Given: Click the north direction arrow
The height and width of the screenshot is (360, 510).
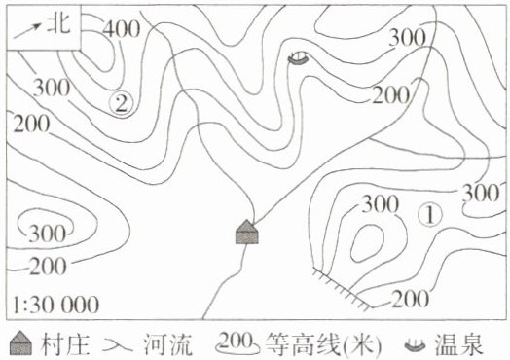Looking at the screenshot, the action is tap(27, 30).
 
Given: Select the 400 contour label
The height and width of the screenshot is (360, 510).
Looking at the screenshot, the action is tap(122, 29).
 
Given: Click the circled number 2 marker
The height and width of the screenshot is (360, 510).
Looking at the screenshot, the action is tap(122, 104).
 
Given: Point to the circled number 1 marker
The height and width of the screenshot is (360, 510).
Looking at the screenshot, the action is tap(430, 215).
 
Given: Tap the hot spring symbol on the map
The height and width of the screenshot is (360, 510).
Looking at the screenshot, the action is tap(298, 58).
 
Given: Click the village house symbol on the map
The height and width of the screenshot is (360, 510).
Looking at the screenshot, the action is tap(247, 232).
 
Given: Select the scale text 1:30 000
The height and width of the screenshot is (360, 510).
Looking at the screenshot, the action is tap(55, 305).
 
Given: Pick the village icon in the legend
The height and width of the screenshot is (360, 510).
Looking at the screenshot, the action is tap(20, 343).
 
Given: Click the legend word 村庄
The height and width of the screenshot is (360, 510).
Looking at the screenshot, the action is tap(65, 344).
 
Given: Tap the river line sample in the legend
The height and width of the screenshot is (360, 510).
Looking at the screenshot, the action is tap(118, 345).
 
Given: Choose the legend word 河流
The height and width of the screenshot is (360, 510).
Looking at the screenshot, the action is tap(168, 344).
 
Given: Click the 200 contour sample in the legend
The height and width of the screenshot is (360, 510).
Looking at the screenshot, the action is tap(237, 343).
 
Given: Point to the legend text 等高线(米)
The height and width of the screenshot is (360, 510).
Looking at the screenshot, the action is tap(323, 344).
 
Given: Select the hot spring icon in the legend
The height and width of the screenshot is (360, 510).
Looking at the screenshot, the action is tap(415, 345).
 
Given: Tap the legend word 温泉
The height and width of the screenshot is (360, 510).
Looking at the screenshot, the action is tap(458, 344).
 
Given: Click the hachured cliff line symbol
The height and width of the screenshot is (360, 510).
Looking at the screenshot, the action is tap(343, 287).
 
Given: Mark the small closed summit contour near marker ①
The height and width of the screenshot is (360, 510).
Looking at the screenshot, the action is tap(367, 242).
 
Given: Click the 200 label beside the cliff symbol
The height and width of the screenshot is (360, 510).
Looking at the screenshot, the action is tap(410, 299).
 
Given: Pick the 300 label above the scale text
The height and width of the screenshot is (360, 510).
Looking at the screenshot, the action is tap(48, 234).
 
